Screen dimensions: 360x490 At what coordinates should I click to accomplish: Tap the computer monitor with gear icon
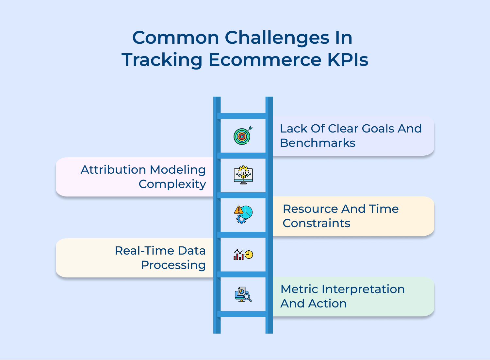[x=243, y=175]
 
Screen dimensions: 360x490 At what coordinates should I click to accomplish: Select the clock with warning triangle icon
[x=243, y=214]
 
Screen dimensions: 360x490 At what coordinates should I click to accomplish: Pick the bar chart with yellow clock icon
[x=243, y=255]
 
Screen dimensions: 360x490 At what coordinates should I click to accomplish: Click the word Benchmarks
[x=318, y=143]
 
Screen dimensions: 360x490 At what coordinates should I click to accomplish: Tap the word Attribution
[x=113, y=170]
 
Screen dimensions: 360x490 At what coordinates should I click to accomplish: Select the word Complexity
[x=172, y=184]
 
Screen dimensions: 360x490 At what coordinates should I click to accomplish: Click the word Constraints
[x=316, y=223]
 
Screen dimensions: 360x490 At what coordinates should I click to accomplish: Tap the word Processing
[x=173, y=265]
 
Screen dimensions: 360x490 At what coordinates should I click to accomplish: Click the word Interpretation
[x=363, y=289]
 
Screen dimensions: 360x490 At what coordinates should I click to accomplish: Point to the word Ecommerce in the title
[x=265, y=60]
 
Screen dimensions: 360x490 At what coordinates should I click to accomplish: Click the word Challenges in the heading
[x=277, y=38]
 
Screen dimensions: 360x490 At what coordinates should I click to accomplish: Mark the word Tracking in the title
[x=162, y=60]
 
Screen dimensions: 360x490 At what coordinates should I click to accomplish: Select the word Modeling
[x=177, y=170]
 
